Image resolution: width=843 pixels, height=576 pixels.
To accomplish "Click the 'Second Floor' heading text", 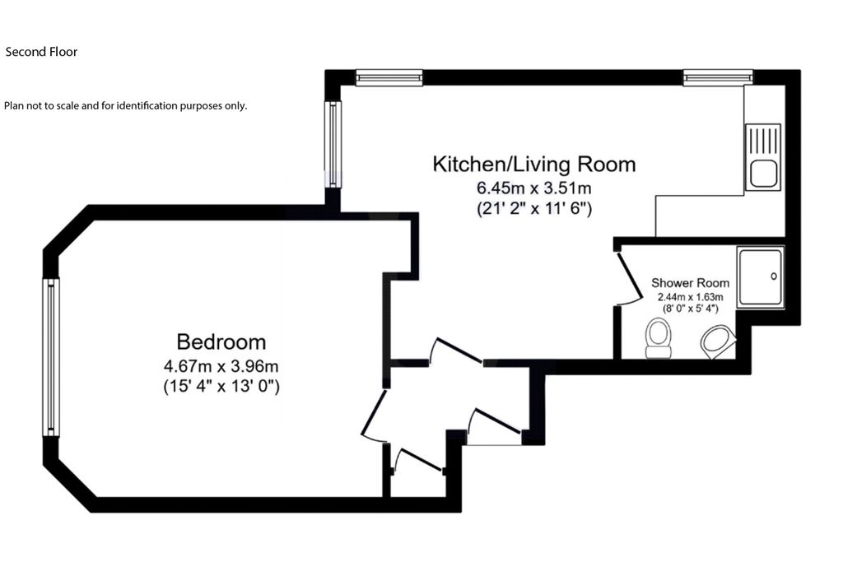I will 41,52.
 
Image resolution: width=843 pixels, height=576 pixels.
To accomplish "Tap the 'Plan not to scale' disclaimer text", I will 125,105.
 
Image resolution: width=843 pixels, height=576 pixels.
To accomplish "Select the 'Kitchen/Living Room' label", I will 534,164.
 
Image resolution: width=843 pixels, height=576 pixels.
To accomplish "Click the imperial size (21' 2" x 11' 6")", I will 534,208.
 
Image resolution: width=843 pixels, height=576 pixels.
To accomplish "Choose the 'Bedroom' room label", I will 221,341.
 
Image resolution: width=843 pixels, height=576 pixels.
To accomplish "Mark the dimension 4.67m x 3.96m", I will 221,365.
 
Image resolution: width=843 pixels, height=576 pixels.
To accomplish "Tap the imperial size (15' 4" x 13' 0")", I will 221,386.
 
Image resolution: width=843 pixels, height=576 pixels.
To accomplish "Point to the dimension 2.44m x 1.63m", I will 689,296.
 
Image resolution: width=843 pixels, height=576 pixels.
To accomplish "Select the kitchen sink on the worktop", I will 762,157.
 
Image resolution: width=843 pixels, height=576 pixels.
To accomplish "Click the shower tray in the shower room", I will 760,276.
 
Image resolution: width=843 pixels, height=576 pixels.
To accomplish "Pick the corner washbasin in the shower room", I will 719,341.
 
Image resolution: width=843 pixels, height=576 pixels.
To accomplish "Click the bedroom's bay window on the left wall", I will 51,356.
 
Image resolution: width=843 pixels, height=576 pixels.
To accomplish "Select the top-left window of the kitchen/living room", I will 389,77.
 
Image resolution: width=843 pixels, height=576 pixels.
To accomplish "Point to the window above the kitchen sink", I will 718,77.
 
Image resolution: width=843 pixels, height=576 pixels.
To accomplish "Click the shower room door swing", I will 630,278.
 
